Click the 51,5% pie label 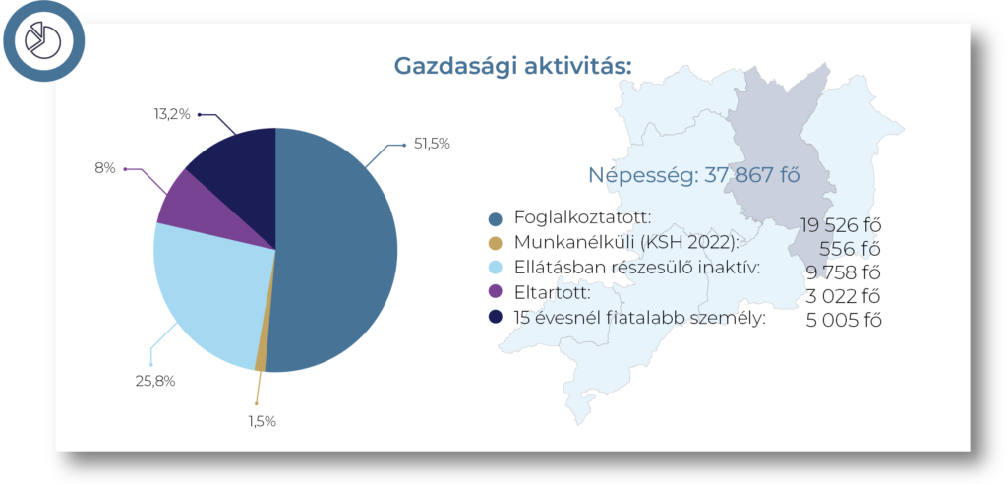click(x=432, y=144)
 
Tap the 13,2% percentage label click(x=172, y=114)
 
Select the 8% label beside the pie click(x=105, y=168)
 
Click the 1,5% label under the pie click(x=262, y=422)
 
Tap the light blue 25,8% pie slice click(x=206, y=289)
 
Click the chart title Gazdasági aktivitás click(x=512, y=66)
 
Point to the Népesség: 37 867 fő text click(x=694, y=175)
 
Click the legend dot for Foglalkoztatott click(x=496, y=219)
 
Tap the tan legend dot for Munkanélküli click(x=496, y=243)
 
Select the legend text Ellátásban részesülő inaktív click(x=637, y=267)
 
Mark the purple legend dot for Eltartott click(x=496, y=291)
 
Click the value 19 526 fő click(x=840, y=225)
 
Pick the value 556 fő click(x=850, y=250)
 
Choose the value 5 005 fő click(x=843, y=320)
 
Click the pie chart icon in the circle click(x=42, y=39)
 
